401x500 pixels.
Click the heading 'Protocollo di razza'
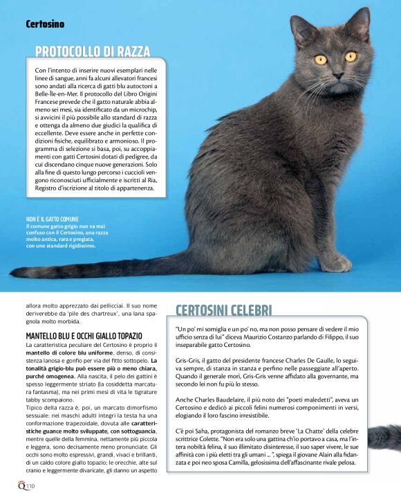coord(93,51)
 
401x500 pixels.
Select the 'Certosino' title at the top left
coord(45,24)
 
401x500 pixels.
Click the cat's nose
coord(337,72)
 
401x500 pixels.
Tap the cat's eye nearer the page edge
coord(351,56)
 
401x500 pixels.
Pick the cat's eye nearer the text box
coord(320,60)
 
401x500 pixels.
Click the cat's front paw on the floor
coord(337,262)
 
